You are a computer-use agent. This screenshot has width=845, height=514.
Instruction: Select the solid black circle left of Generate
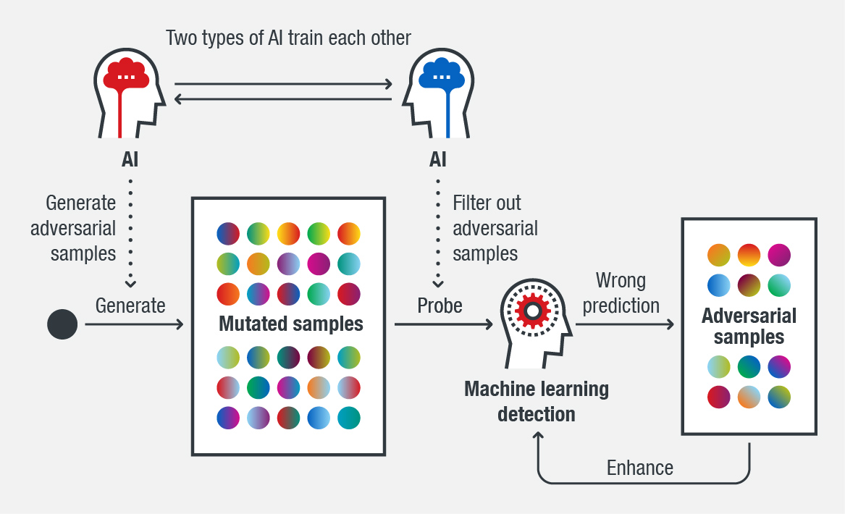(62, 324)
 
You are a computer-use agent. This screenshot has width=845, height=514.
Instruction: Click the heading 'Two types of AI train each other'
(288, 38)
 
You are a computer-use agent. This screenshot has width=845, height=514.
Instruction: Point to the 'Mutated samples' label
(291, 324)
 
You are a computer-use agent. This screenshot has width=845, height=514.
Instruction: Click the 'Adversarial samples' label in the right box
(749, 326)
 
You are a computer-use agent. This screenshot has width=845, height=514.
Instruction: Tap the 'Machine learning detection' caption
(537, 401)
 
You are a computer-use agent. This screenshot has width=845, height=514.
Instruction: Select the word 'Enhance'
(640, 468)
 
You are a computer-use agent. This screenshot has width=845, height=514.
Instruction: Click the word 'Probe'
(440, 306)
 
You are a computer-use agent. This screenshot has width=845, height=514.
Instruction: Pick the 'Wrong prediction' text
(621, 292)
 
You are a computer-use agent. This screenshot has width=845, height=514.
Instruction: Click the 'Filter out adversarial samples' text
(495, 228)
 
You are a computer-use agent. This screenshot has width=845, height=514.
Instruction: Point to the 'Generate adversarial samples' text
(73, 228)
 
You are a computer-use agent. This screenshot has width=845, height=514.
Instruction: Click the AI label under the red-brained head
(130, 159)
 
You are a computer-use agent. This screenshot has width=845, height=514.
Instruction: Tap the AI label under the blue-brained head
(438, 159)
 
